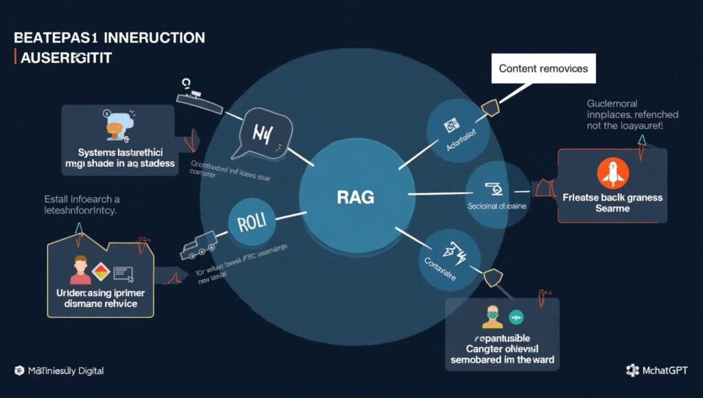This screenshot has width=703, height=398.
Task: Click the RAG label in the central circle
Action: click(356, 198)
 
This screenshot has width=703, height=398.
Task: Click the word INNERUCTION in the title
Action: click(154, 37)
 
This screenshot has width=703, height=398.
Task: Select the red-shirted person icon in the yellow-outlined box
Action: click(80, 268)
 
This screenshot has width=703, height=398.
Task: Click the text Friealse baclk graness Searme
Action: click(612, 203)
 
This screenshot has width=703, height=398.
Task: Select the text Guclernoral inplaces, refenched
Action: click(632, 109)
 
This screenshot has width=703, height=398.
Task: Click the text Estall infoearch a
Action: click(77, 199)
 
